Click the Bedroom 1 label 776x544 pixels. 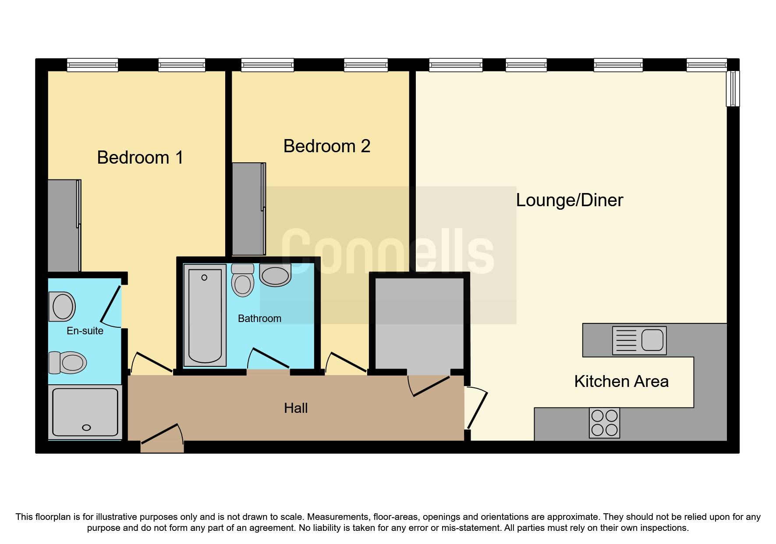tap(140, 157)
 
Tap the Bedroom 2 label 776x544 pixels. tap(327, 146)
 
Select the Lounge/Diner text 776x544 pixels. tap(569, 200)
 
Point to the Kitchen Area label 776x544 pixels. tap(621, 381)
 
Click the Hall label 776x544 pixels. tap(296, 408)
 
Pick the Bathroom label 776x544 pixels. tap(259, 319)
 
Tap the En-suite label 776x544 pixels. tap(85, 331)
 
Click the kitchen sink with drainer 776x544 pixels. tap(639, 340)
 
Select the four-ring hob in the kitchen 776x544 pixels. tap(604, 423)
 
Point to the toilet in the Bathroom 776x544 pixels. tap(242, 281)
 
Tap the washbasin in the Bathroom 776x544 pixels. tap(275, 275)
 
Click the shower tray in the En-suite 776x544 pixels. tap(85, 412)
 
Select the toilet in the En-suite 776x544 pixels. tap(67, 362)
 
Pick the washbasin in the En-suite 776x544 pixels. tap(62, 306)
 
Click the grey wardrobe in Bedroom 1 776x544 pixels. tap(63, 225)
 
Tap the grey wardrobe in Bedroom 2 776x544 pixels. tap(248, 209)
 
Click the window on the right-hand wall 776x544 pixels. tap(733, 89)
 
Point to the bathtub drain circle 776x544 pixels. tap(204, 278)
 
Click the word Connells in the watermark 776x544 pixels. tap(387, 252)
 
